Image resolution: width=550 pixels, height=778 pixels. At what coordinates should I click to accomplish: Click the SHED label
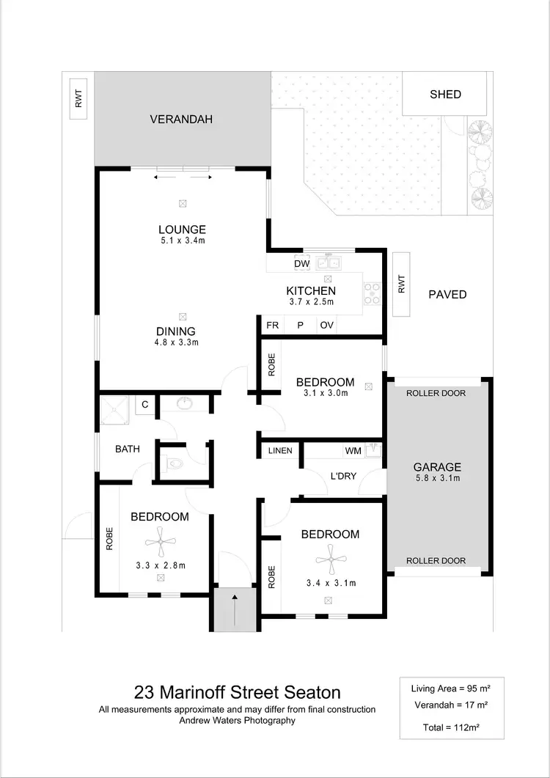(445, 94)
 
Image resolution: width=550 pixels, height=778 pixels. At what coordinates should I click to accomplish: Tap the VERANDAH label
(181, 119)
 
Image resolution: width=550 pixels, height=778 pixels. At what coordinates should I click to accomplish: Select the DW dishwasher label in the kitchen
(301, 264)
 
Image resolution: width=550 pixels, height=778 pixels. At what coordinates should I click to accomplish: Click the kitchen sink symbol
(328, 263)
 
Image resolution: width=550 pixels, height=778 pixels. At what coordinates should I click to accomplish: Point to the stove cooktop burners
(373, 293)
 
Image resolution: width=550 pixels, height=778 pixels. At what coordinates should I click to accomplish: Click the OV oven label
(326, 326)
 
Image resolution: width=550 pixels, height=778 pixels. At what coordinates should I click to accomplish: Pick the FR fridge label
(272, 326)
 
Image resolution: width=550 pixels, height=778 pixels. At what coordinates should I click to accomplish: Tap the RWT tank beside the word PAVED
(401, 285)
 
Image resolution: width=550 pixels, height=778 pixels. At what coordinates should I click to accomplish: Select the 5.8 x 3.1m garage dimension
(437, 479)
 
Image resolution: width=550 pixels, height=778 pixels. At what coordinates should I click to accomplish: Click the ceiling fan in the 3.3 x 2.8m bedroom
(160, 543)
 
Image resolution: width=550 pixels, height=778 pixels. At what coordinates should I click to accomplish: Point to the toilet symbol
(173, 463)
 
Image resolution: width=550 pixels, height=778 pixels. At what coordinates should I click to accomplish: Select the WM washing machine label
(353, 450)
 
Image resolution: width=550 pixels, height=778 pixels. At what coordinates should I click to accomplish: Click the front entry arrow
(235, 609)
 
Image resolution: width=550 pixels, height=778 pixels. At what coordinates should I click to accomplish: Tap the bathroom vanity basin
(183, 404)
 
